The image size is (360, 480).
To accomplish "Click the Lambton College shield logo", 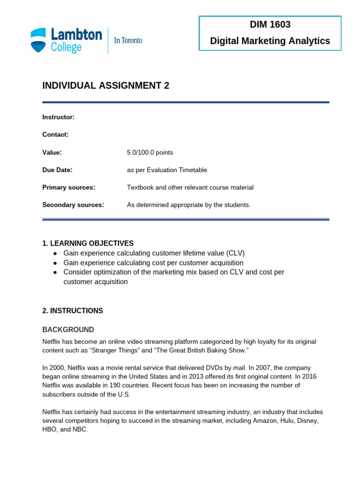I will click(x=39, y=40).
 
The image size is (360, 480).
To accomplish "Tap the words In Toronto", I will click(x=128, y=40).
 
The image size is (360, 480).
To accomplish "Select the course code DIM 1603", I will click(x=270, y=25).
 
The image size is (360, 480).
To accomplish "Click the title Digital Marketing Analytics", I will click(x=270, y=41).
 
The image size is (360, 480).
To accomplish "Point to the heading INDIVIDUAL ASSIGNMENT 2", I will click(x=106, y=85).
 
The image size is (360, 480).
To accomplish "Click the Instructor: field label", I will click(x=59, y=117).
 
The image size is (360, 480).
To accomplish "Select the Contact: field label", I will click(x=55, y=135).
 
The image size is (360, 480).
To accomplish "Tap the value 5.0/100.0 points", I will click(x=150, y=152).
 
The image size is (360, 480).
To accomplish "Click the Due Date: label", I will click(x=57, y=170).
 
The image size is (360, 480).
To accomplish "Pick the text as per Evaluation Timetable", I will click(x=167, y=170).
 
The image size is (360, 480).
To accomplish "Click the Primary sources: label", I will click(x=69, y=187).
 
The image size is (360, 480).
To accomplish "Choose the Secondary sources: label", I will click(x=73, y=205).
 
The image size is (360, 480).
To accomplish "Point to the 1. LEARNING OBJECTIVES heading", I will click(x=88, y=243).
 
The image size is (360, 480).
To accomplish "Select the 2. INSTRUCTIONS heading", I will click(x=73, y=311).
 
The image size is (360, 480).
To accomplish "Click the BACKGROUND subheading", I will click(x=68, y=330).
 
